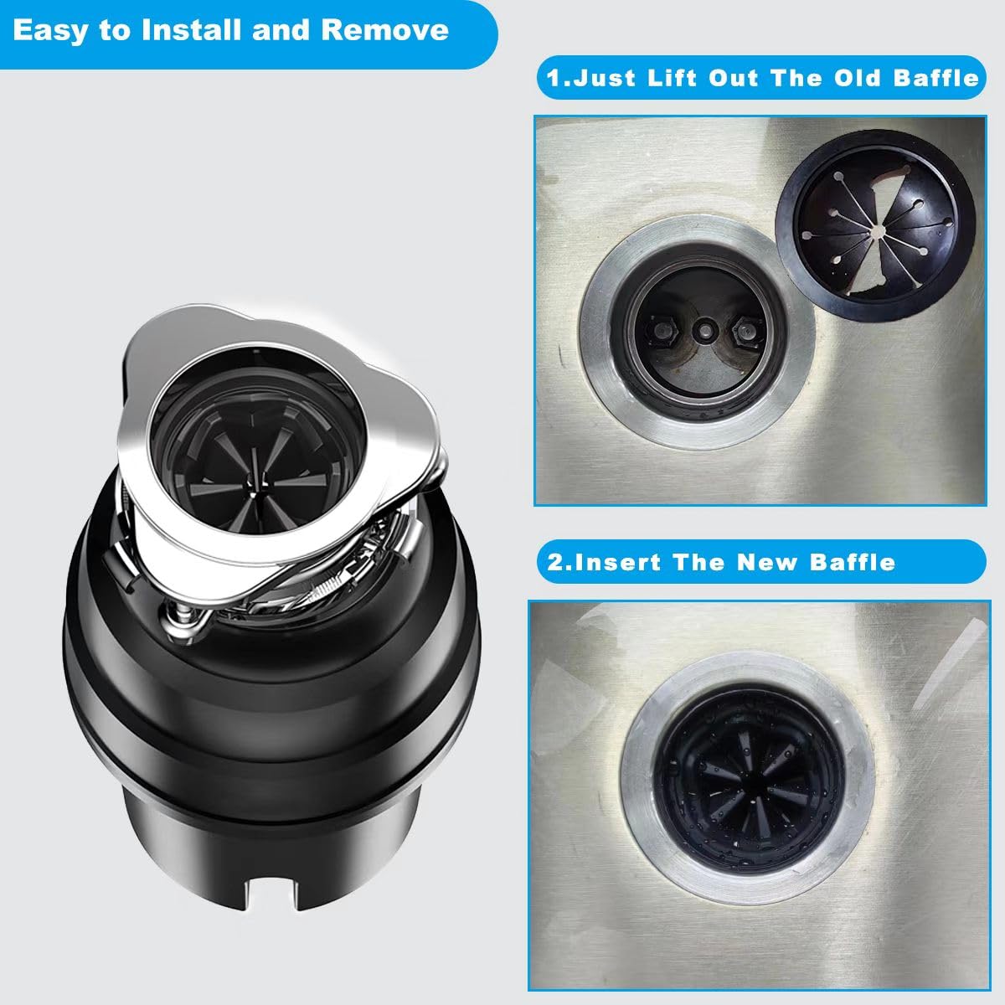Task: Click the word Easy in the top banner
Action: [49, 31]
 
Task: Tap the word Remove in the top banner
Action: [384, 31]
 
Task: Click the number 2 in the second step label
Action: [556, 561]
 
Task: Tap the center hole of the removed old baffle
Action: [875, 227]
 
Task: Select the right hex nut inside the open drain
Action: [741, 333]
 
